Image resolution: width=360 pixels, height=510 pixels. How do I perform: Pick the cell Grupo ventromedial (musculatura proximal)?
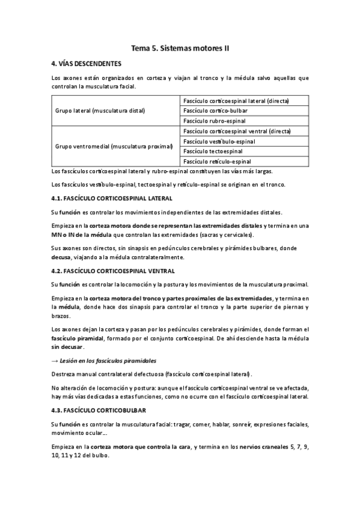pos(114,146)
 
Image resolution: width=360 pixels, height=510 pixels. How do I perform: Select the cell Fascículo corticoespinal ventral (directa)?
pos(237,131)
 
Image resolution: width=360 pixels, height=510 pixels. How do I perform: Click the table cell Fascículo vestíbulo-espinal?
pos(219,141)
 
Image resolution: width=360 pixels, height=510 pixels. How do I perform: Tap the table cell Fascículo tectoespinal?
pos(212,151)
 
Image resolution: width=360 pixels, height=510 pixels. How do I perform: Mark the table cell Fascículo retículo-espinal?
pos(217,161)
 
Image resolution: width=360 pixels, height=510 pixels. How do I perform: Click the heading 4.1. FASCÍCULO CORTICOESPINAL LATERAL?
pos(112,198)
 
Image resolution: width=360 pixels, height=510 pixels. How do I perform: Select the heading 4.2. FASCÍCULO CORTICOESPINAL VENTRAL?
pos(114,271)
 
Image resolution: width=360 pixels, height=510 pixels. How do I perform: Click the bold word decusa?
pos(62,257)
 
